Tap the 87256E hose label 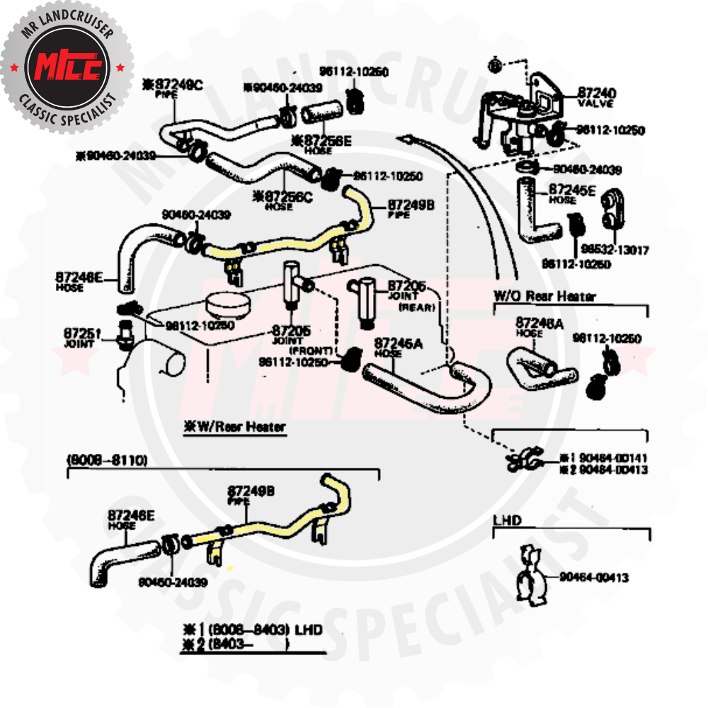click(x=322, y=142)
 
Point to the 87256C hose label click(x=287, y=196)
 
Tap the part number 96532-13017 click(x=605, y=250)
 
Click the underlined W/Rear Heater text click(x=235, y=427)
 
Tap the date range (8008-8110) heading click(x=107, y=460)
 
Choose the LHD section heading click(x=507, y=520)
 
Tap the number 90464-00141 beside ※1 click(x=613, y=458)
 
